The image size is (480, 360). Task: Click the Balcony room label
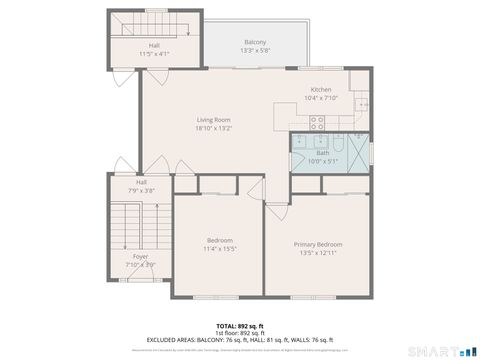255,42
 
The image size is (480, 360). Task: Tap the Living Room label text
213,119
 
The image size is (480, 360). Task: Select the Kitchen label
320,90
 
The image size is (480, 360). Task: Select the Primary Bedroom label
318,244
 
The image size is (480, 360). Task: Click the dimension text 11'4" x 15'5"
220,248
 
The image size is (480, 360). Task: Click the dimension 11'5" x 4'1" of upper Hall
155,53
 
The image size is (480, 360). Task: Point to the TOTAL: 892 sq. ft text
239,326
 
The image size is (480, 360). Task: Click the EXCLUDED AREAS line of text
239,340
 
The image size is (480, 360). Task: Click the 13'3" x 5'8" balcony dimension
255,50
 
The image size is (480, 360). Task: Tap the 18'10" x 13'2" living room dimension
213,127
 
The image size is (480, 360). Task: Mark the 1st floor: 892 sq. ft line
239,333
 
